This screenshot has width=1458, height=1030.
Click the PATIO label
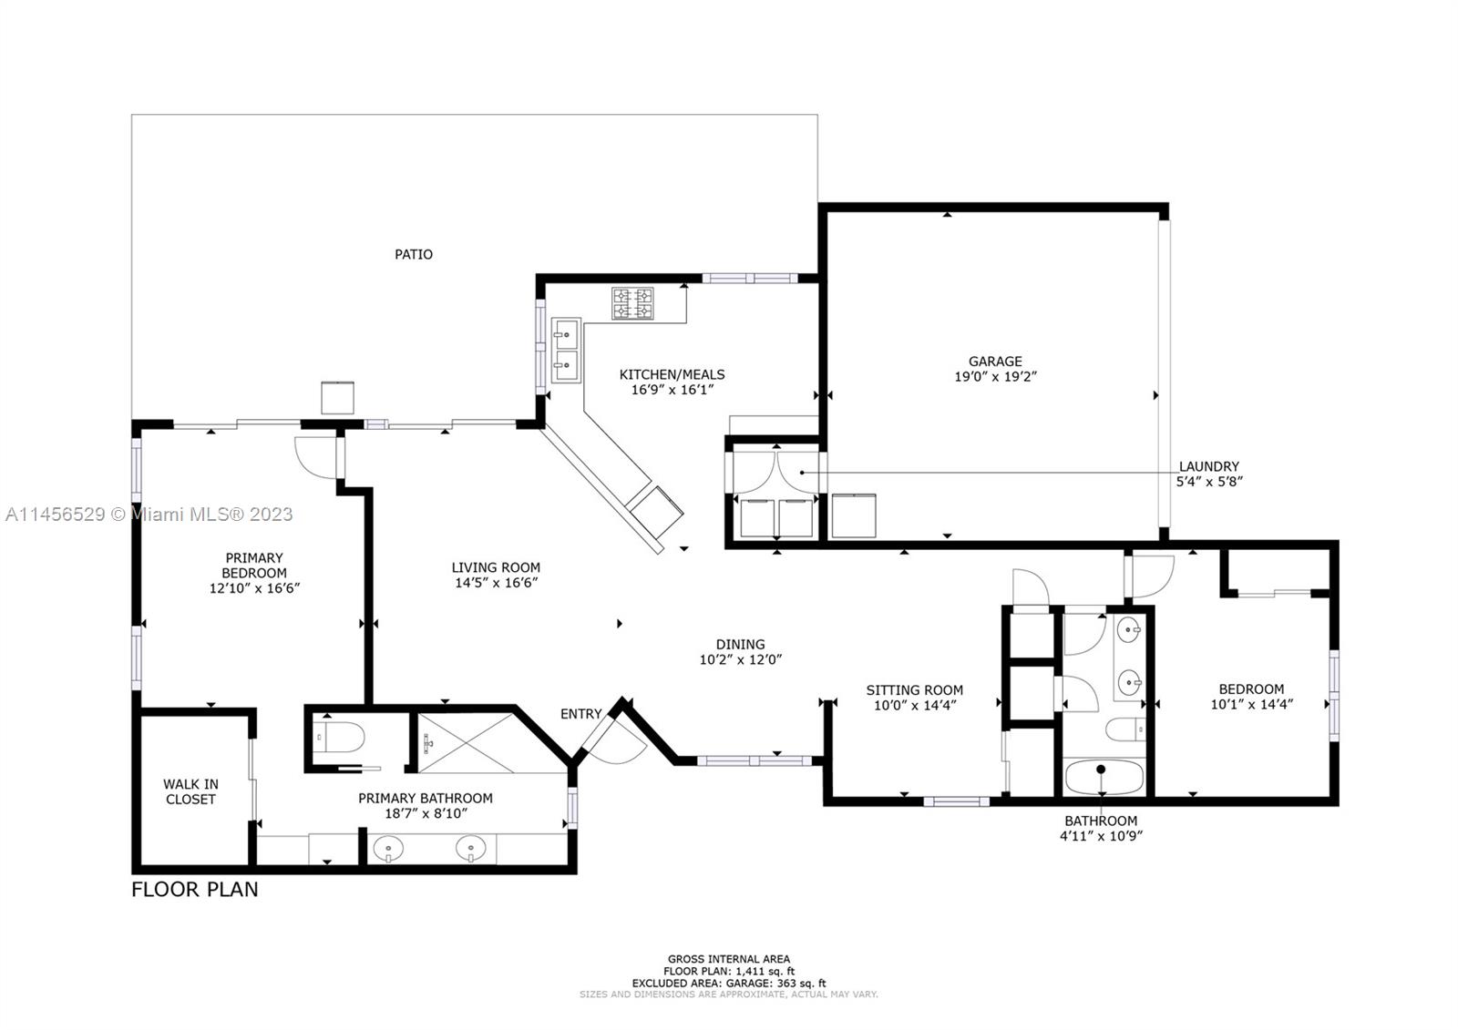[x=414, y=254]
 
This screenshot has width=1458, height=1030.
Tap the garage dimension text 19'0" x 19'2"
[x=994, y=377]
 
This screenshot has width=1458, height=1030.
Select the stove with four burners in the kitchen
[x=632, y=304]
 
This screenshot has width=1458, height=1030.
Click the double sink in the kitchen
[x=566, y=350]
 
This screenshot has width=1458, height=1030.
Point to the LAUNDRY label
[x=1208, y=466]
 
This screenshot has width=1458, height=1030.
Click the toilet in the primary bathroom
[x=338, y=737]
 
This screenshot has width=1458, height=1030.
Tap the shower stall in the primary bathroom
[x=466, y=743]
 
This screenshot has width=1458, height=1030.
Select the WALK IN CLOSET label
[x=190, y=792]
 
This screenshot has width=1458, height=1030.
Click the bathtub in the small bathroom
[x=1104, y=777]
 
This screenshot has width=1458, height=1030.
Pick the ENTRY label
[x=580, y=714]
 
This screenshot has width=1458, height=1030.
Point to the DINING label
[x=740, y=644]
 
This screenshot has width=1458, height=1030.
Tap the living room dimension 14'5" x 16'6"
[x=496, y=583]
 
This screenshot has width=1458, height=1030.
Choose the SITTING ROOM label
[x=914, y=689]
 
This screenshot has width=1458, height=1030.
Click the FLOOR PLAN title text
[x=195, y=890]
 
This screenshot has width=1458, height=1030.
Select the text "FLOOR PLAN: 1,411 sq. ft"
[x=729, y=972]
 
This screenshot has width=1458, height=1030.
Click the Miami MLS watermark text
[x=149, y=515]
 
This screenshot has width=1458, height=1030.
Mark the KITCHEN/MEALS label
[x=672, y=375]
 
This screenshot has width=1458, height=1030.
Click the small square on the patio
[x=338, y=398]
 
